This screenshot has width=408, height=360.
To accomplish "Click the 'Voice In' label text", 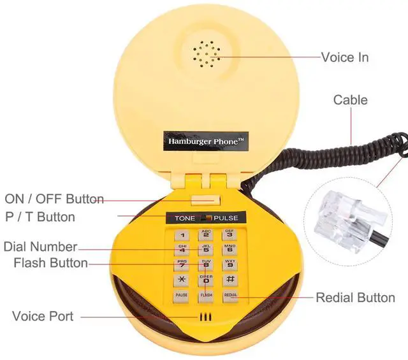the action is tap(344, 57).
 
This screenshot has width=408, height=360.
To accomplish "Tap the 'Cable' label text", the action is tap(351, 100).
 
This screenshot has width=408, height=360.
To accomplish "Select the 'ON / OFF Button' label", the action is tap(54, 199).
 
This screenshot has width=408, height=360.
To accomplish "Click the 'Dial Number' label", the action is tap(40, 247).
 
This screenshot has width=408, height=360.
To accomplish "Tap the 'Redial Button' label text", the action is tap(355, 298).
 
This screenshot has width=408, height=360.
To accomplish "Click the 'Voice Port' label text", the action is tap(43, 316).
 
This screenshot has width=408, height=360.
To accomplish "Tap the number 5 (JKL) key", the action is tap(206, 250).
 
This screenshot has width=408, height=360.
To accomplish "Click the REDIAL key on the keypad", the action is tap(230, 296).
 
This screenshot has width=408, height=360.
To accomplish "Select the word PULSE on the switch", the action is tap(226, 219).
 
